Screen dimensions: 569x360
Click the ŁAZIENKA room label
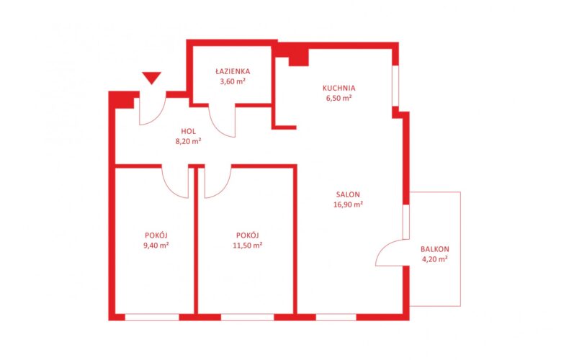click(232, 71)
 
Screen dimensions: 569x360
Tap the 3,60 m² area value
click(233, 81)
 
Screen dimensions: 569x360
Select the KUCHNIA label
click(339, 88)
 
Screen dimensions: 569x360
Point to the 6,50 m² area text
click(339, 98)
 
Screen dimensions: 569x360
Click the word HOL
click(188, 131)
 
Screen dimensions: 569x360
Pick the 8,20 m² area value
click(188, 141)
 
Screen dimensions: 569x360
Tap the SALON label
click(348, 194)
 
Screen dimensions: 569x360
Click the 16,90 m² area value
click(349, 204)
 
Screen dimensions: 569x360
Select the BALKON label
click(435, 249)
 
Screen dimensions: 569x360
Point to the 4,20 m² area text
click(435, 259)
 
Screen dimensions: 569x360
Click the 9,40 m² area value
click(156, 246)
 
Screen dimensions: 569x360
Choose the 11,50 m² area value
click(248, 246)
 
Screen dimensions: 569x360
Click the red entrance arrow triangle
click(151, 77)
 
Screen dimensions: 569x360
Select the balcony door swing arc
click(385, 247)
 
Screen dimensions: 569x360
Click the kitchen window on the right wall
click(395, 86)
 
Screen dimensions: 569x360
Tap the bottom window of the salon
click(336, 318)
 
